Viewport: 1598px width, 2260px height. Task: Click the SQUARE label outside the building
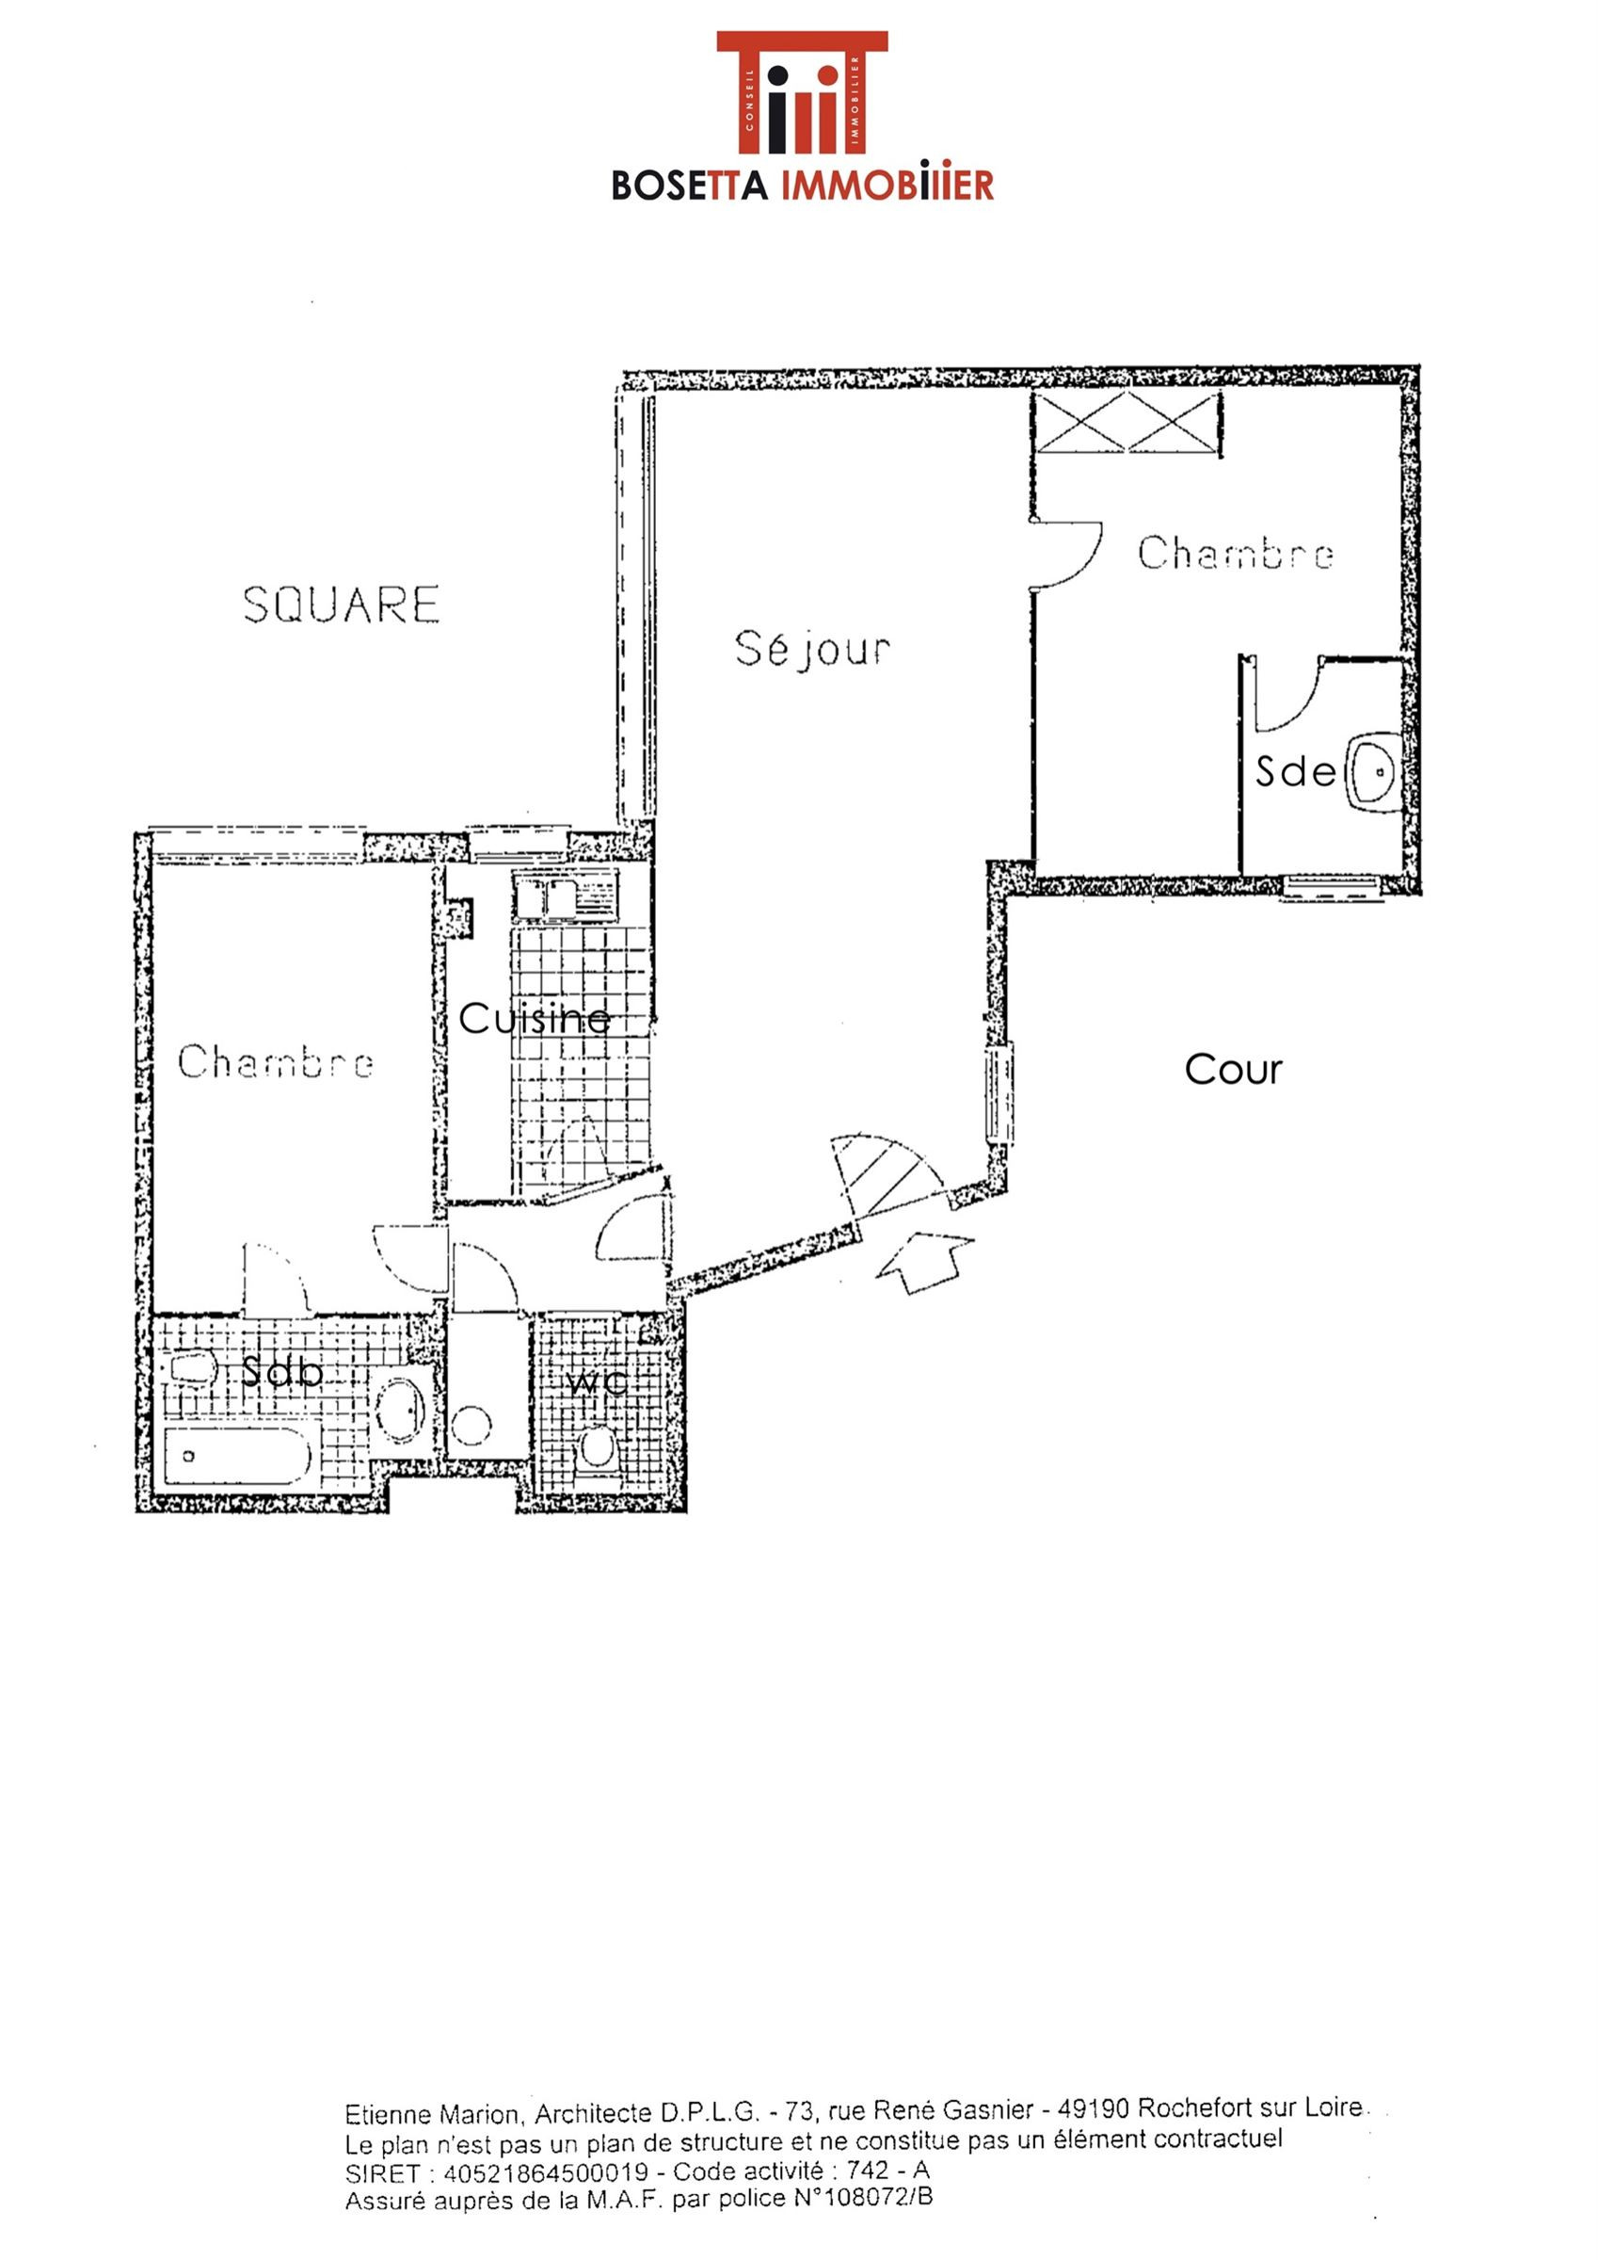342,605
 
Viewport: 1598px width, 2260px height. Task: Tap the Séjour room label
813,650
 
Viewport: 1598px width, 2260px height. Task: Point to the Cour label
1233,1070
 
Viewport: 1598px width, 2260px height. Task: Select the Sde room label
1296,772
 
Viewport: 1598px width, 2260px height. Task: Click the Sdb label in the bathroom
281,1372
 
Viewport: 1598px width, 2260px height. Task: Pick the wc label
598,1381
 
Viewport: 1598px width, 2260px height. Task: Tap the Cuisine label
535,1019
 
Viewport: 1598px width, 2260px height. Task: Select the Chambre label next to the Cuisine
276,1061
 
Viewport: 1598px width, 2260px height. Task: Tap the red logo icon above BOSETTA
802,92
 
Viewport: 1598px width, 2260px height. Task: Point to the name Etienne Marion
430,2113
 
